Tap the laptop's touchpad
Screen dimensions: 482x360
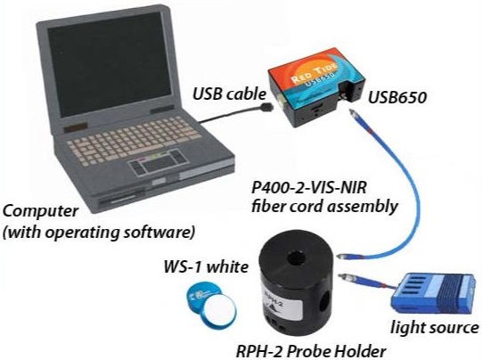158,166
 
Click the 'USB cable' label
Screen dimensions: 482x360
229,94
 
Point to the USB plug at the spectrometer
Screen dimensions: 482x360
266,107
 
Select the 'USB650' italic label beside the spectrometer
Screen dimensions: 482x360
397,97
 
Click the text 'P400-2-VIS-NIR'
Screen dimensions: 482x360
309,187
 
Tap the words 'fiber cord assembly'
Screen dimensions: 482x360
324,206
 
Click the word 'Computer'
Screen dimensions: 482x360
40,212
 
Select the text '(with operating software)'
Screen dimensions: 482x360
99,232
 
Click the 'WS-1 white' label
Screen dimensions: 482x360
206,266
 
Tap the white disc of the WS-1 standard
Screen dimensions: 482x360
220,308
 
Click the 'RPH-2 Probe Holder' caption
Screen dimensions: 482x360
310,351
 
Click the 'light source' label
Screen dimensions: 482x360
435,327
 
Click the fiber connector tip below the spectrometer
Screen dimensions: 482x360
354,113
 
